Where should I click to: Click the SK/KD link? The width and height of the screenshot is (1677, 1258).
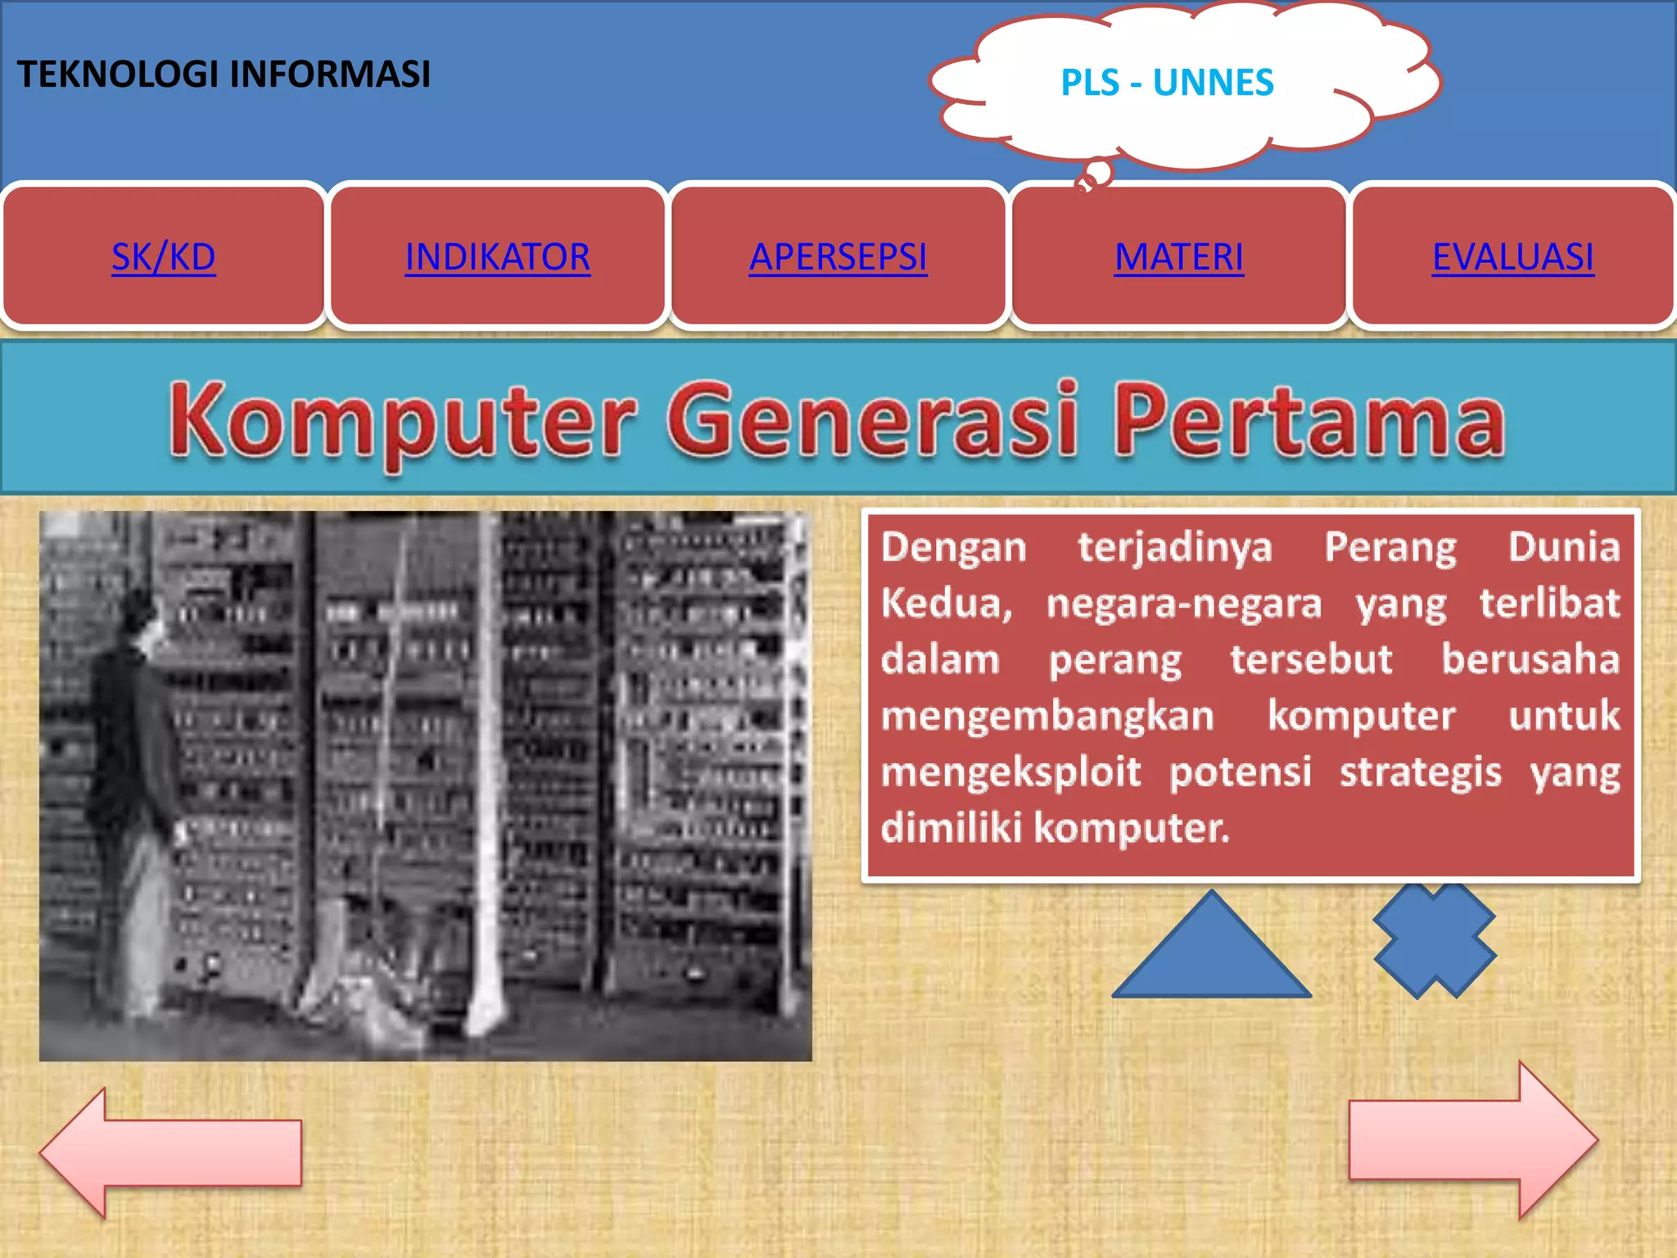(164, 257)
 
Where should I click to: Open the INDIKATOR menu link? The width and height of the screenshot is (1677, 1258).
(497, 257)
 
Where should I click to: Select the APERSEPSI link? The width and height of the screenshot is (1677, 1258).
(838, 257)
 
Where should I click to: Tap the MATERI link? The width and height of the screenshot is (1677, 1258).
(1178, 257)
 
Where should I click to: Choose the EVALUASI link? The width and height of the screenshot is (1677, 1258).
(1512, 257)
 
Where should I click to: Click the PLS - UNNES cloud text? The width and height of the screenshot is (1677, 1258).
(1167, 83)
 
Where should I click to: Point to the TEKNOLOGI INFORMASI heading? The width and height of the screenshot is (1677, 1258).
(224, 74)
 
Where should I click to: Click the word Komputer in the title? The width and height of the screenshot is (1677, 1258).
(401, 420)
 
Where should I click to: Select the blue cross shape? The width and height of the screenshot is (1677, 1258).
(1435, 939)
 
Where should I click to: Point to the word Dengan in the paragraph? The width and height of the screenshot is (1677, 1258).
(953, 547)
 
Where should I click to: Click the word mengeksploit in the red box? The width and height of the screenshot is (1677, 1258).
(1010, 772)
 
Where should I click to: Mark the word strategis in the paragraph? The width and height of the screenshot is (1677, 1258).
(1421, 772)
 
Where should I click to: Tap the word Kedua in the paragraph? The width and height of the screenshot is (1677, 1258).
(947, 604)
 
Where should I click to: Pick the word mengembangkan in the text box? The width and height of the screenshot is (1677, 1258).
(1047, 716)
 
